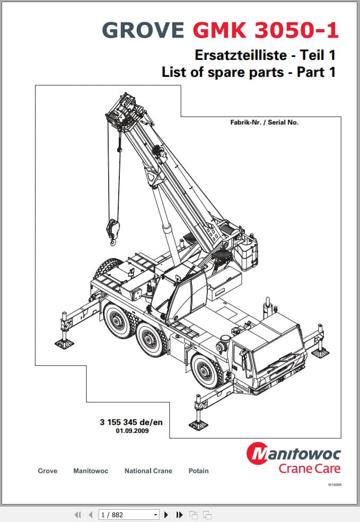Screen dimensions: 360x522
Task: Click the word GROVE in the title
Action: (x=143, y=30)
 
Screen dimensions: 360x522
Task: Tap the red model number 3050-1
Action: (x=297, y=30)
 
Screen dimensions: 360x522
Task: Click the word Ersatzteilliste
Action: (x=241, y=55)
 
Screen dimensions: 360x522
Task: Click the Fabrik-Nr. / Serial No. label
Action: (x=265, y=122)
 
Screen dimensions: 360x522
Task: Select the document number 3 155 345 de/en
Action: (x=131, y=422)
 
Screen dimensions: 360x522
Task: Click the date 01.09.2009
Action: (x=132, y=431)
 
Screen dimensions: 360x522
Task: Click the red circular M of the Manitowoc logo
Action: (x=258, y=453)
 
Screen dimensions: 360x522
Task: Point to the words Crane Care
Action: (x=310, y=468)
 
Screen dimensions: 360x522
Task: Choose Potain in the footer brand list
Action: (x=198, y=471)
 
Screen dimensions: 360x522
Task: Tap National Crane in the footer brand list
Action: (x=148, y=471)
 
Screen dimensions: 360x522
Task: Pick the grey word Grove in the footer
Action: (x=48, y=471)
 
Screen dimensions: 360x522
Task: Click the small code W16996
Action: (x=335, y=485)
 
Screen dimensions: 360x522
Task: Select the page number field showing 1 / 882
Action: (x=129, y=515)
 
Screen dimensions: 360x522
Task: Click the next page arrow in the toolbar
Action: (x=166, y=515)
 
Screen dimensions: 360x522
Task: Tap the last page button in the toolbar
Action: (x=180, y=515)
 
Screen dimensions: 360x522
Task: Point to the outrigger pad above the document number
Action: (x=198, y=424)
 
